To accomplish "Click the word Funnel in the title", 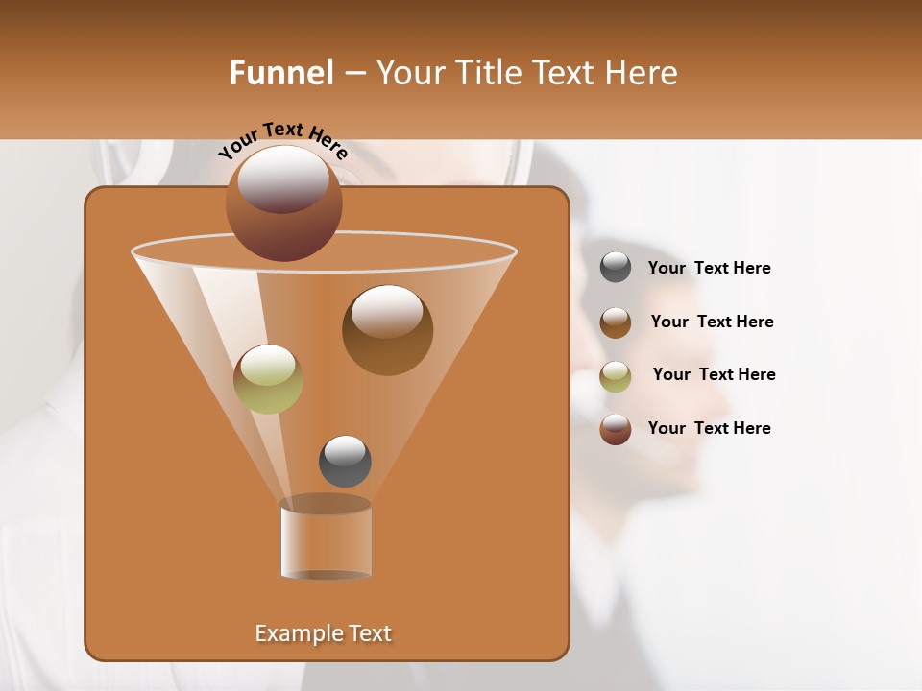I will pos(280,73).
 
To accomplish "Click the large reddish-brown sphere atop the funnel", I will pos(283,203).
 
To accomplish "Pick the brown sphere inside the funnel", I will pos(387,330).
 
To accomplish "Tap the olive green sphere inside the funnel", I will pos(268,379).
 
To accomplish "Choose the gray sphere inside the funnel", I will pos(345,462).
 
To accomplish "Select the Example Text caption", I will pos(323,633).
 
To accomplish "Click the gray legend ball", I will pos(616,268).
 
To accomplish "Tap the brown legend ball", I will pos(616,322).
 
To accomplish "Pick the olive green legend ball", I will pos(616,375).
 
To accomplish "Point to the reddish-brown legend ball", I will pos(616,429).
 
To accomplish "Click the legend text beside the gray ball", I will pos(709,268).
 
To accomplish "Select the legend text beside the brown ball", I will pos(712,322).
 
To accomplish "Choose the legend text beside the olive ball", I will pos(714,374).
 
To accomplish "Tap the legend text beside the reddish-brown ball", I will pos(709,428).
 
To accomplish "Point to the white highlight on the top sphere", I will pos(283,179).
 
